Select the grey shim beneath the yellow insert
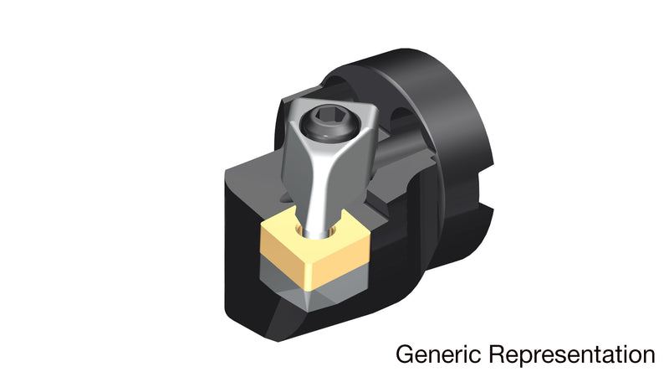(313, 283)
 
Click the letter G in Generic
(405, 354)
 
